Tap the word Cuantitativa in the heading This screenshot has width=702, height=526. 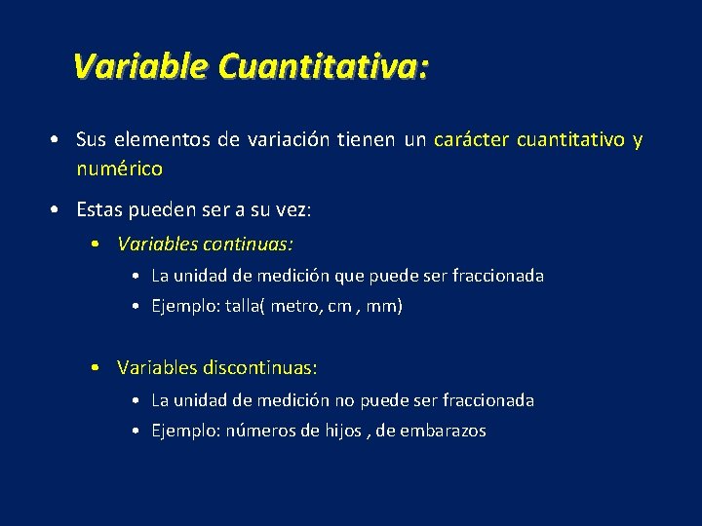(x=322, y=66)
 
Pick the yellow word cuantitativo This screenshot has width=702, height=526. (x=570, y=140)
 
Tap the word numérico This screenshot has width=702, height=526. (x=119, y=169)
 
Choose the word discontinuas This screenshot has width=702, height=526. (x=260, y=367)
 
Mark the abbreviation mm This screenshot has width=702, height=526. (x=384, y=306)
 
